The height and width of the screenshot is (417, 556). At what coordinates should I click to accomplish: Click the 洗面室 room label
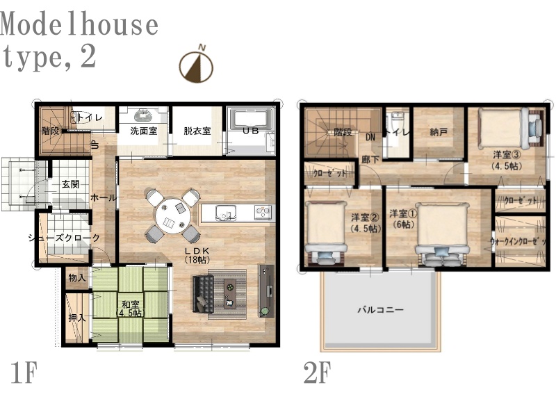tap(144, 131)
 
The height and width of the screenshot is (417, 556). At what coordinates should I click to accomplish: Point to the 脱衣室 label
tap(197, 131)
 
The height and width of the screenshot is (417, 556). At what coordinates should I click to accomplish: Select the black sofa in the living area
tap(203, 294)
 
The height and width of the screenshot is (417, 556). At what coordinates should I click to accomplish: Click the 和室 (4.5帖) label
tap(131, 308)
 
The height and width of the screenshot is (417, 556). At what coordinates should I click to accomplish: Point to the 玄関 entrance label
tap(70, 184)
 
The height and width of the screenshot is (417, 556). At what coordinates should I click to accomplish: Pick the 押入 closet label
tap(77, 317)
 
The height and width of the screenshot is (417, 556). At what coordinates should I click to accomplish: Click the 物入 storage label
tap(77, 277)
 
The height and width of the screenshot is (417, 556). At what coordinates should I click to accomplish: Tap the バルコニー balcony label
tap(380, 310)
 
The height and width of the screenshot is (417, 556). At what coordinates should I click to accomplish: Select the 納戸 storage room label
tap(439, 132)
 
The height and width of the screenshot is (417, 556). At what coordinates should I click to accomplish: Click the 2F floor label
tap(317, 372)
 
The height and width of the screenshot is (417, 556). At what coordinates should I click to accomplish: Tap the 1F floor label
tap(24, 372)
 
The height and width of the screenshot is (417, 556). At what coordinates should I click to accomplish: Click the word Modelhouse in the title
tap(79, 24)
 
